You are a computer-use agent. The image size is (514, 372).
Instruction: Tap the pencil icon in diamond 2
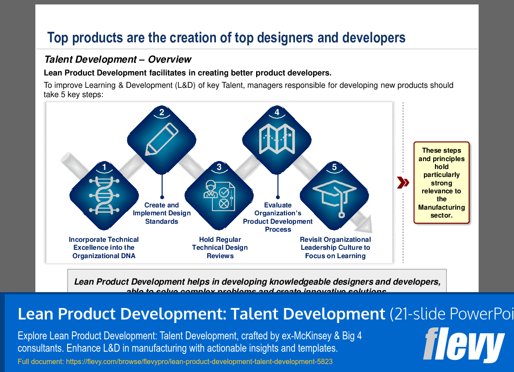point(162,139)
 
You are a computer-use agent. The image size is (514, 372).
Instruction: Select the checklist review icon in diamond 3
point(219,196)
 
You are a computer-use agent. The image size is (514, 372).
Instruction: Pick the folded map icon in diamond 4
point(277,138)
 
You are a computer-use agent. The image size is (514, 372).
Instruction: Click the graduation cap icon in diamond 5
point(334,196)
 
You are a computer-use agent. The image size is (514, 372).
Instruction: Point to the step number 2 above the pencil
point(162,113)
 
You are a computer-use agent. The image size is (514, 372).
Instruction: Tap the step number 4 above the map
point(277,113)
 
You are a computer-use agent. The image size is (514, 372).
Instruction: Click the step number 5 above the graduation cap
point(334,167)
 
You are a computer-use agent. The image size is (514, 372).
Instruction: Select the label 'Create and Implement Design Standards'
point(162,213)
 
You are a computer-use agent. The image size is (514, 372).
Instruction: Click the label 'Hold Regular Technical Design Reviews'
point(219,248)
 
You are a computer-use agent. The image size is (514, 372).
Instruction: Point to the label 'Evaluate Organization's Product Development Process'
point(278,217)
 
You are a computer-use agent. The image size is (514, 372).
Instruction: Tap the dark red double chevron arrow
point(402,183)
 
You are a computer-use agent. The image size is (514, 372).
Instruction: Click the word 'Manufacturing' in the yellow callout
point(442,207)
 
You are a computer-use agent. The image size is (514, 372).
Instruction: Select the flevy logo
point(463,345)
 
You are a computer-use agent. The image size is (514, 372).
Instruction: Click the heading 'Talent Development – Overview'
point(118,60)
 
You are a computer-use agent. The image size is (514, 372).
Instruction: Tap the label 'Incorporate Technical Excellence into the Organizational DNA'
point(104,248)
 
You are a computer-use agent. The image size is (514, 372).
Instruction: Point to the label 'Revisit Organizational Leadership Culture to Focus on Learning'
point(335,248)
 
